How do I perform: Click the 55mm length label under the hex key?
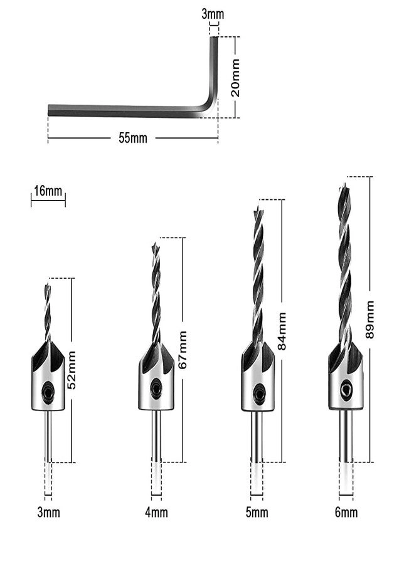coord(133,138)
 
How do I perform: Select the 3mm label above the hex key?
coord(213,14)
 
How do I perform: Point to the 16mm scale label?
coord(48,191)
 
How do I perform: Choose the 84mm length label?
coord(282,332)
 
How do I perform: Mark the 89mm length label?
coord(370,320)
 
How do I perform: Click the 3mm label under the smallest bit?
coord(48,513)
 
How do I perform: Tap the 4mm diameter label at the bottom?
coord(156,513)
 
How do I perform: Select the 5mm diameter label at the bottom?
coord(257,513)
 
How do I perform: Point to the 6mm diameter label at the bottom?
coord(346,513)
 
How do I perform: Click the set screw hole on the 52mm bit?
coord(48,393)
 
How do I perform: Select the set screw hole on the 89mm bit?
coord(345,389)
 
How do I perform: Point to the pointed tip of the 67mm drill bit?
coord(155,244)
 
